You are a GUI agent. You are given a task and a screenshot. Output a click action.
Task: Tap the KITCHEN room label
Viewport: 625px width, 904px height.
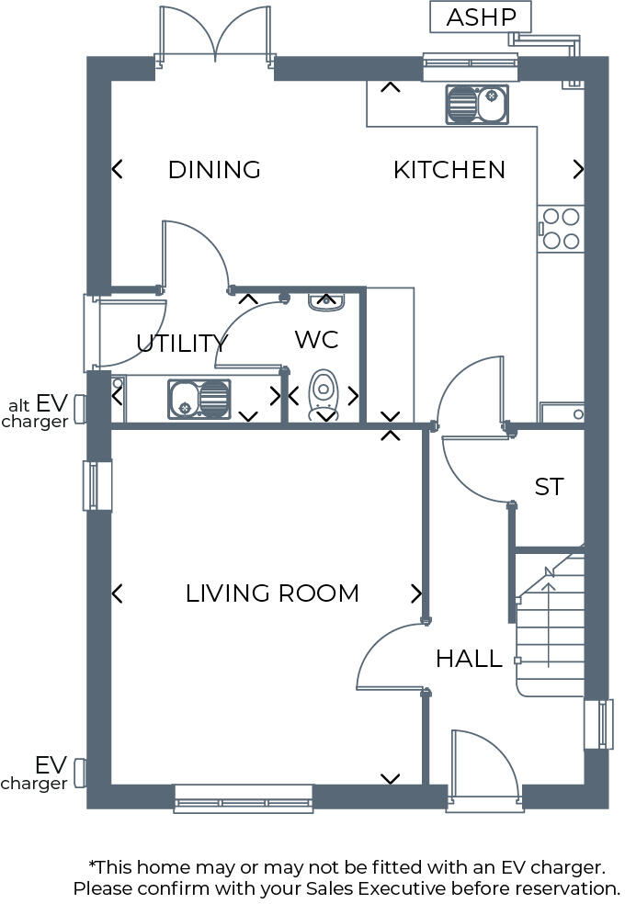tap(449, 170)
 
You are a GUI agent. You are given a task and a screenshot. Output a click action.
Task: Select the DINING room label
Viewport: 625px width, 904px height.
tap(214, 170)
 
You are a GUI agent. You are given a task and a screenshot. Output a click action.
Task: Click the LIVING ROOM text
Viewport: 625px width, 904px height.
tap(272, 593)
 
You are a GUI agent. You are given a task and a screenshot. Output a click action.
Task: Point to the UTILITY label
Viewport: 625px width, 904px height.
tap(181, 344)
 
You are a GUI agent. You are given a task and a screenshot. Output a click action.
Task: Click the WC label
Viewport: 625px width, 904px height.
tap(316, 339)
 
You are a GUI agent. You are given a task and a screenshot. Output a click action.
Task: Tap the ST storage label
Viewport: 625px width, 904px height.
tap(549, 487)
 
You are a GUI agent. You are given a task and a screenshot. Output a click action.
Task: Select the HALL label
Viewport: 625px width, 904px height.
tap(469, 659)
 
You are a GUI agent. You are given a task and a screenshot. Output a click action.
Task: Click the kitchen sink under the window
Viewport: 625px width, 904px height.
tap(477, 105)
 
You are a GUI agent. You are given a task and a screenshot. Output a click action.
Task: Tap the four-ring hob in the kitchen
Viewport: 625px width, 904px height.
tap(561, 229)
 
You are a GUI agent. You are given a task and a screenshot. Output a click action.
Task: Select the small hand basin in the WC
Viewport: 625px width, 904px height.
tap(324, 299)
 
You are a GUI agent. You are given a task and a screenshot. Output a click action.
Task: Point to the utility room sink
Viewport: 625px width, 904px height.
tap(199, 399)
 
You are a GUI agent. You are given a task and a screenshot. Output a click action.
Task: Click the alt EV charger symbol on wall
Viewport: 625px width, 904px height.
tap(80, 409)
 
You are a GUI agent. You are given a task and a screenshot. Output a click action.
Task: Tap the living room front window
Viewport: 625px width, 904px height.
tap(244, 798)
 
